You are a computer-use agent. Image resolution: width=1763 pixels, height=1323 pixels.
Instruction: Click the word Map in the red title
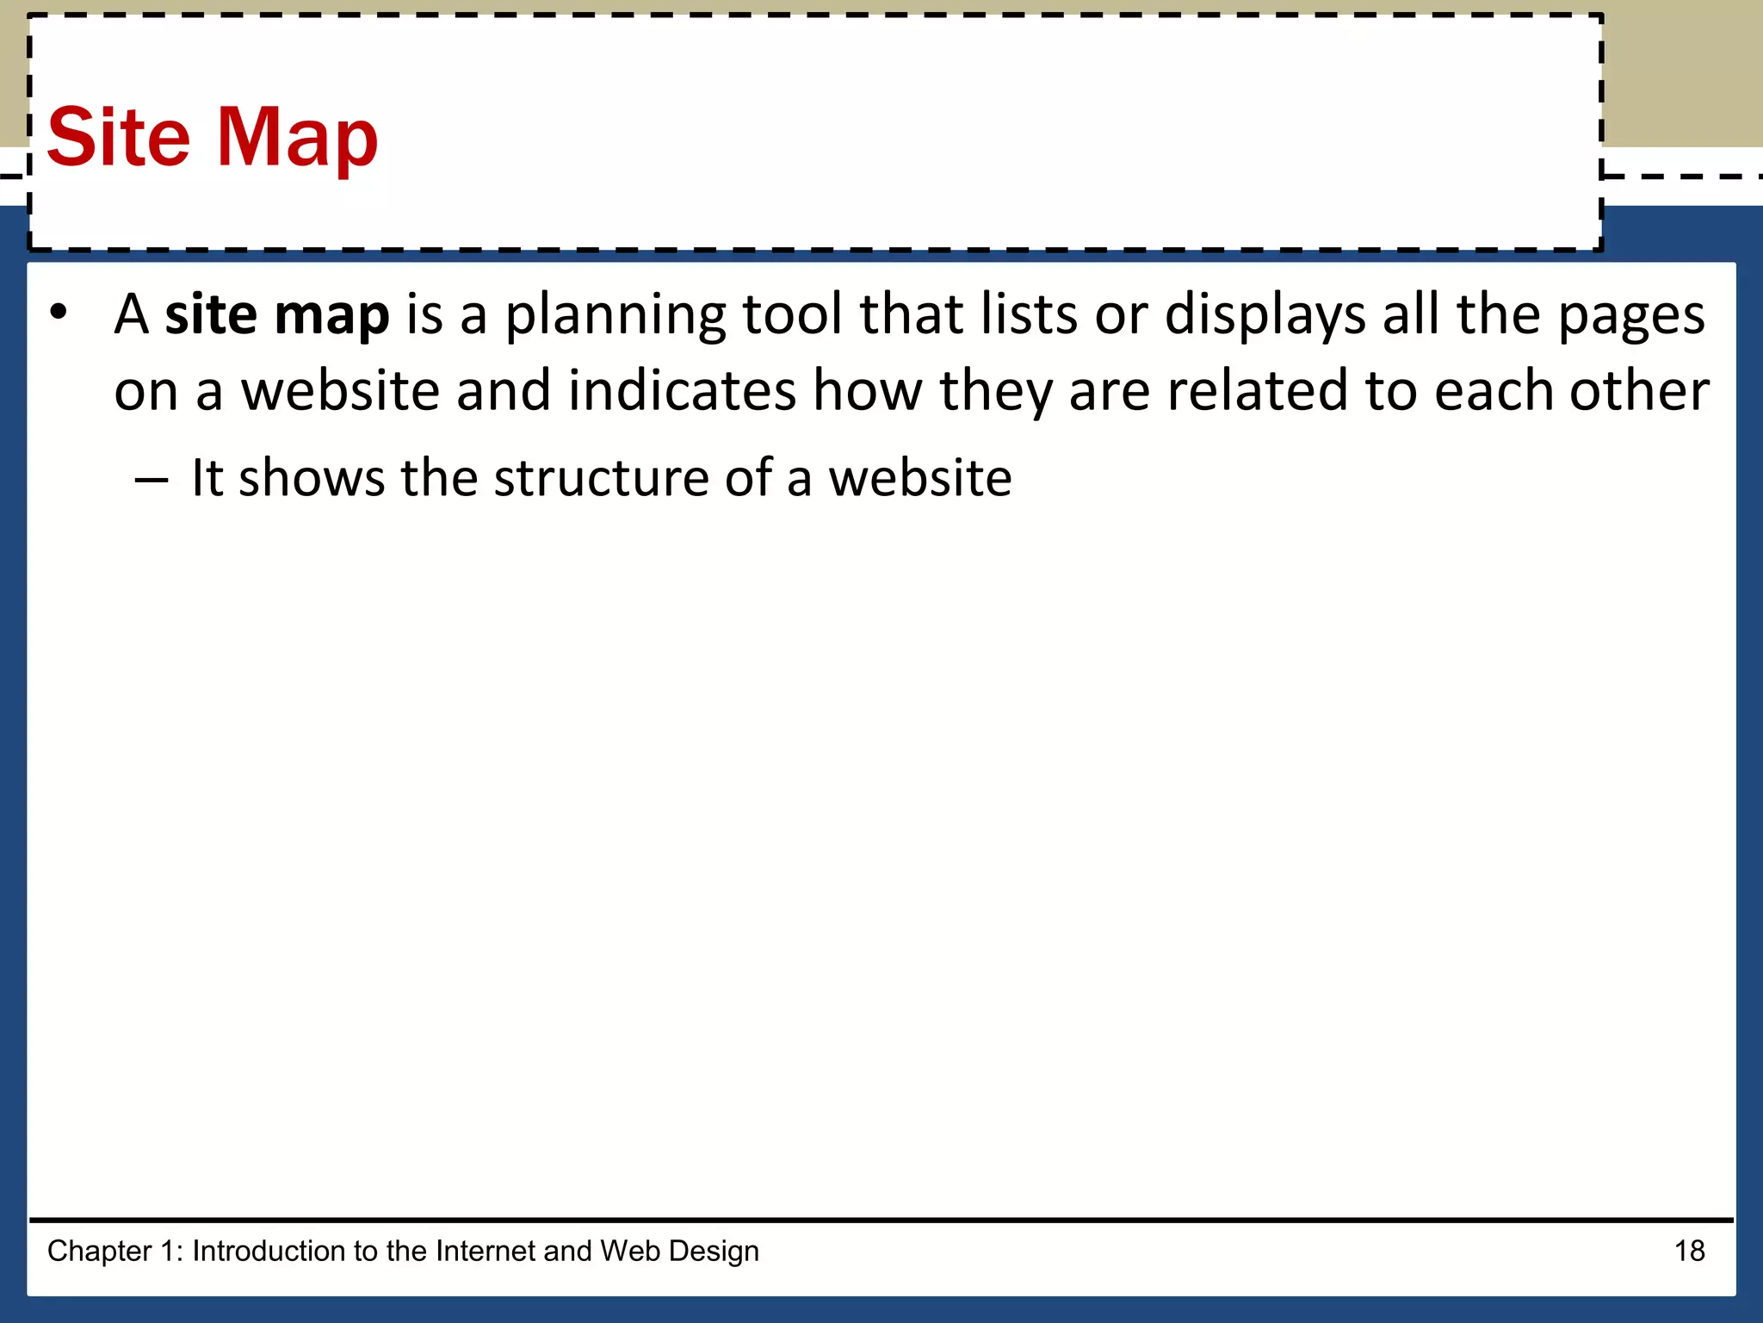point(297,138)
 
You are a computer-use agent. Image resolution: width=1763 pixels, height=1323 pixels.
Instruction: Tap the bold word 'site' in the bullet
point(212,314)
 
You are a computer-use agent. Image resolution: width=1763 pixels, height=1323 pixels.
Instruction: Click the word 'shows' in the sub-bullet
point(312,478)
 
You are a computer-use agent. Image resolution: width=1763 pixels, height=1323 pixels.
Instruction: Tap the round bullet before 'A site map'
point(59,313)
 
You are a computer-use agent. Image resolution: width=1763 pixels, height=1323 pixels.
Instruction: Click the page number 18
point(1689,1251)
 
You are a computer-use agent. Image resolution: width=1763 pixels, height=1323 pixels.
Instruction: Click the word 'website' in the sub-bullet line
point(919,478)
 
